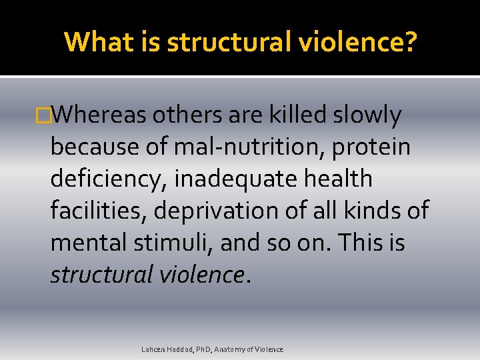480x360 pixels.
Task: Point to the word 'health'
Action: tap(338, 179)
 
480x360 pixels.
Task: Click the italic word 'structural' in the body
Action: tap(101, 274)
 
